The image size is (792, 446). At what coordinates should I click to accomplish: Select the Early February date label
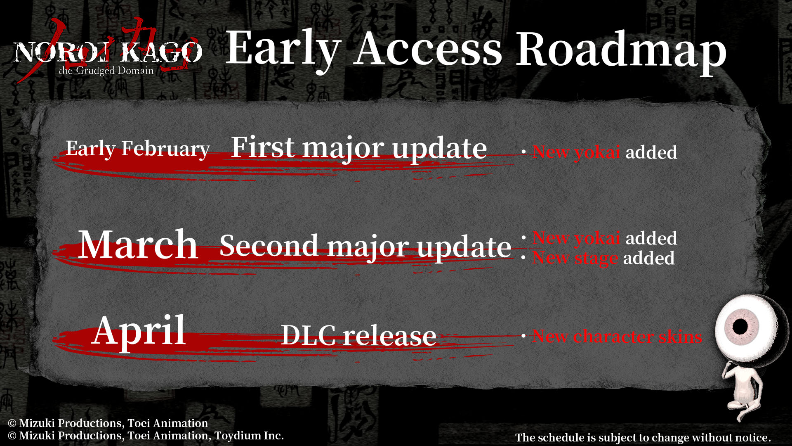(x=138, y=149)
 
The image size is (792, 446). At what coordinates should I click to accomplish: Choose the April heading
(x=139, y=330)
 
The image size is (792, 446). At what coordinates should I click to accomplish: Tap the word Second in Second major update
(x=269, y=245)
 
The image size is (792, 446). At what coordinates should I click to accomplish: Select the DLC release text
(x=358, y=335)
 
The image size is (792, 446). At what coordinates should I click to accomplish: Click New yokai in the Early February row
(x=577, y=152)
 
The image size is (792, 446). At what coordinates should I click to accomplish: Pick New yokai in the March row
(x=577, y=238)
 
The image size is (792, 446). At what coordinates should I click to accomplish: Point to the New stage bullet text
(x=575, y=259)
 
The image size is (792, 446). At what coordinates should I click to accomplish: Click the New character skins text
(x=617, y=337)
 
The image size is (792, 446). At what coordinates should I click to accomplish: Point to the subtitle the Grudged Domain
(x=106, y=71)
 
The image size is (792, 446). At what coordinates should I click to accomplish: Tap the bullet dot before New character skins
(x=523, y=336)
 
